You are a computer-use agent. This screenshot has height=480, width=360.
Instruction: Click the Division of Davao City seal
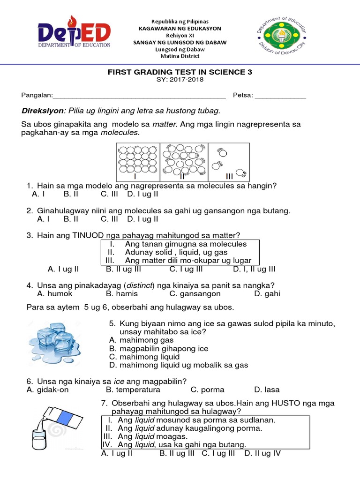tap(282, 36)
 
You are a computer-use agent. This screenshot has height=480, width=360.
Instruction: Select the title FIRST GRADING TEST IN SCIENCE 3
tap(180, 72)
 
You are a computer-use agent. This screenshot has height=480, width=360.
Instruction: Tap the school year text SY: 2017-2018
tap(180, 80)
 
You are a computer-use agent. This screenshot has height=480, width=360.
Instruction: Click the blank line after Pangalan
tap(139, 96)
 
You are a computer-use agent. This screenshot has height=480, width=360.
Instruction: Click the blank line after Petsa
tap(280, 96)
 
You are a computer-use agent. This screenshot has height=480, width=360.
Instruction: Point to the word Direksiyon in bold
tap(43, 111)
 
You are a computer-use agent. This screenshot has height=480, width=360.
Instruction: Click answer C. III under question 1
tap(110, 194)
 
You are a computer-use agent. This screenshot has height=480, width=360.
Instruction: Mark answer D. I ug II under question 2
tap(143, 219)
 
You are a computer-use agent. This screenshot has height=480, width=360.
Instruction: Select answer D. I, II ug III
tap(254, 269)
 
